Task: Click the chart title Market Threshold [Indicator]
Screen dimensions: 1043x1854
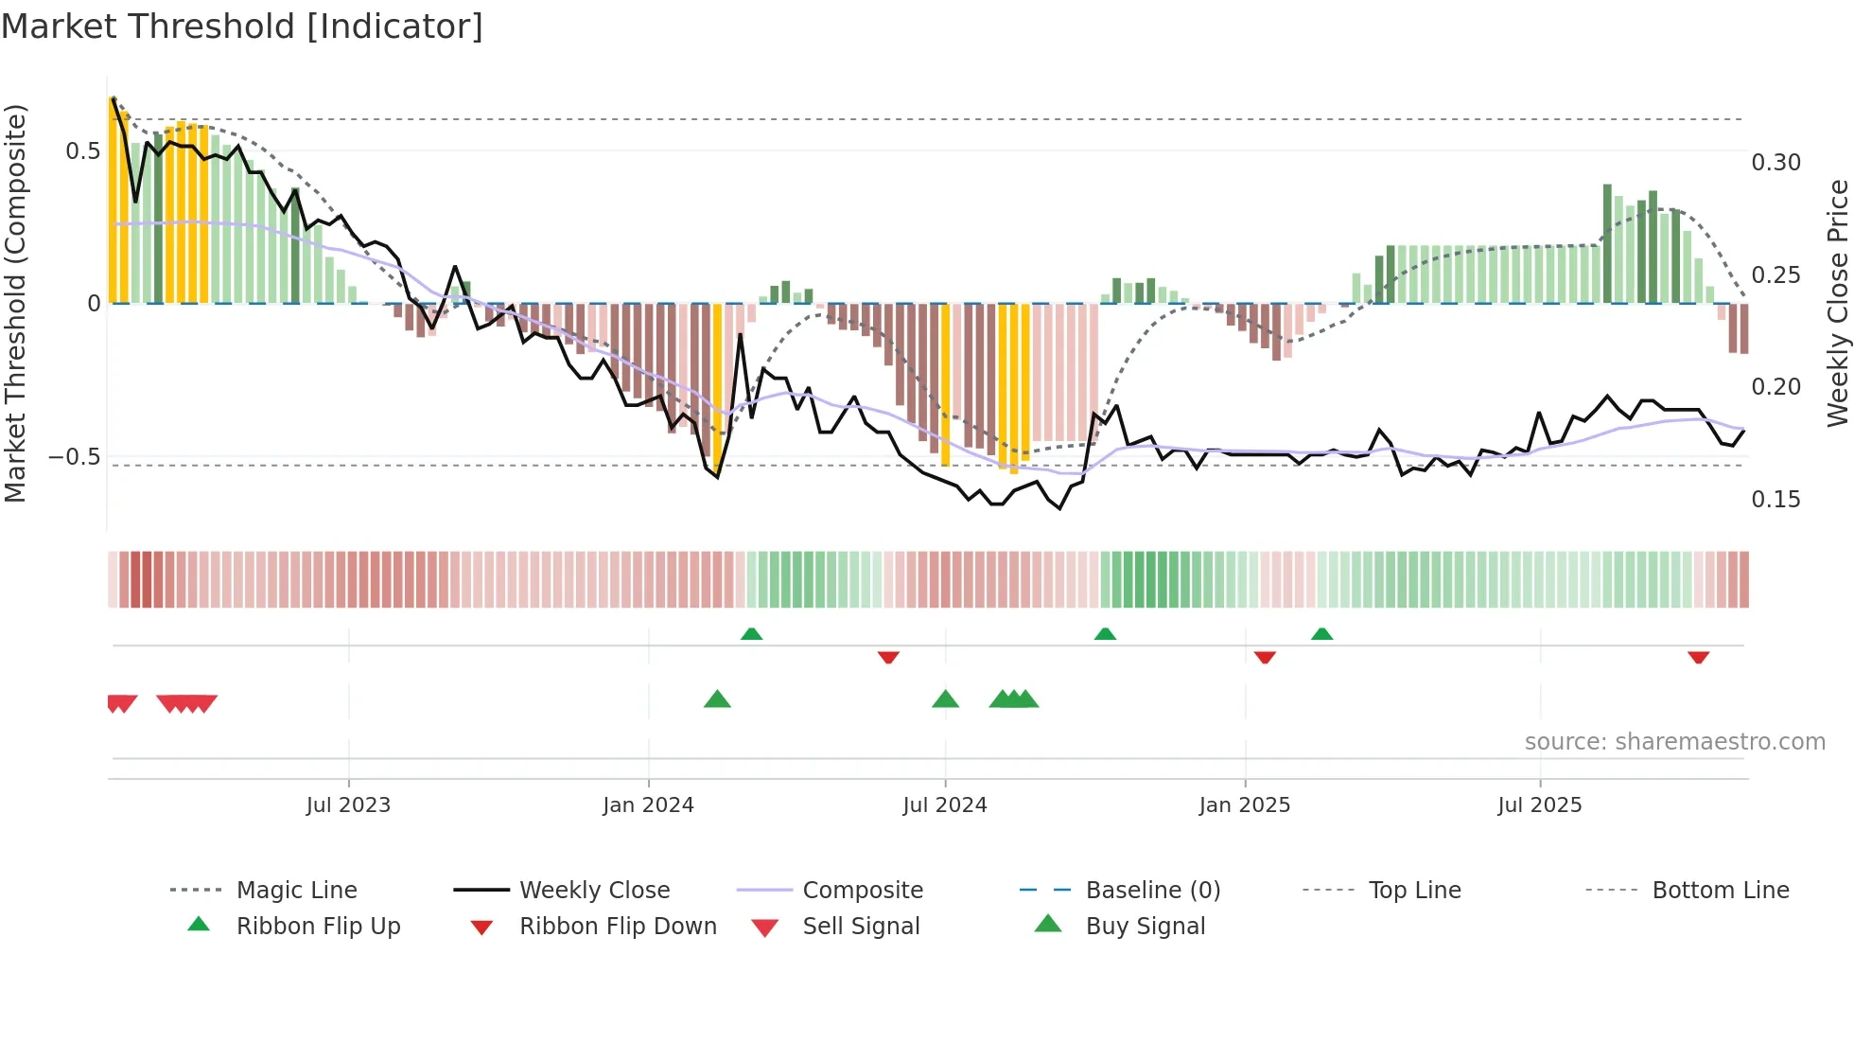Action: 242,27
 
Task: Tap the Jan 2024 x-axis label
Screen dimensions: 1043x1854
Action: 648,805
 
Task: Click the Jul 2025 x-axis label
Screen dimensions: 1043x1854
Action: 1539,805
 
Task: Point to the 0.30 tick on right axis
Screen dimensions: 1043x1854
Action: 1775,163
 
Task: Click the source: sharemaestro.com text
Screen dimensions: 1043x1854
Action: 1674,742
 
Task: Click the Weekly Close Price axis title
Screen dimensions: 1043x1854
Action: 1837,303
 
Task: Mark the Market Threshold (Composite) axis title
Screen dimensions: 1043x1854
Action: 15,303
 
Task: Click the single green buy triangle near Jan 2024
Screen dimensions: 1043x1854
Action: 717,699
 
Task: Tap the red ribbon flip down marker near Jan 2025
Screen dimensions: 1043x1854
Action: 1265,657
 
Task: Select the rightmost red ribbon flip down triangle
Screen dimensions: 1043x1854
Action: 1698,657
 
